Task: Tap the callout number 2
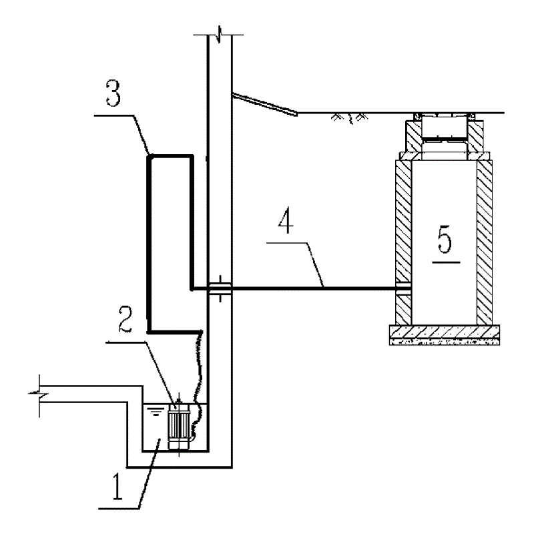(125, 319)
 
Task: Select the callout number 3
(113, 93)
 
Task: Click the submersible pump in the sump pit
(179, 427)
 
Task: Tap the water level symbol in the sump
(156, 411)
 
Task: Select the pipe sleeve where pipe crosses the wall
(220, 288)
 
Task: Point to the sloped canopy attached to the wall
(264, 104)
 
